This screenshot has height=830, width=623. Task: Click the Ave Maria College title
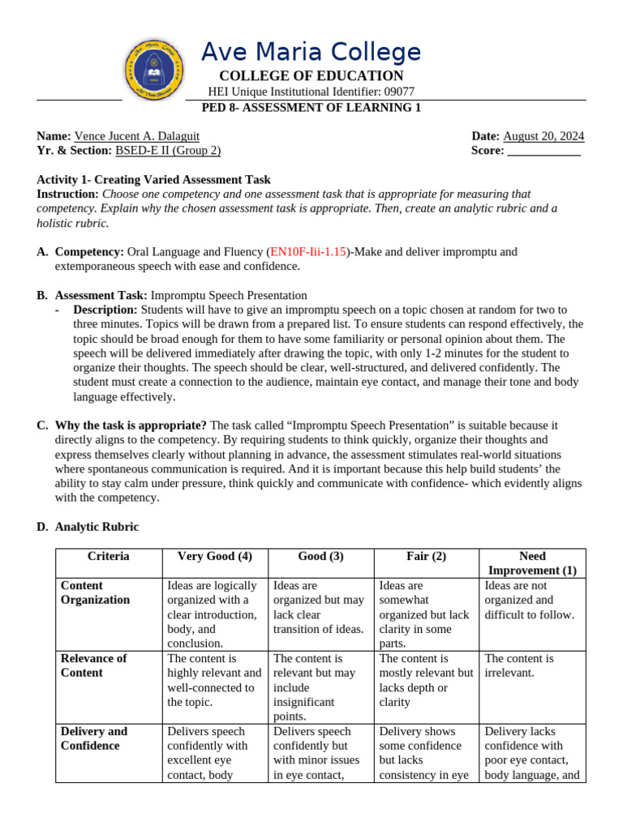311,53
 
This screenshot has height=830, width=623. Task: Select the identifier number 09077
398,92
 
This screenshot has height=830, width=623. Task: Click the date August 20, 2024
544,136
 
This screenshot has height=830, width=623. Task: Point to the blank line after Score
544,151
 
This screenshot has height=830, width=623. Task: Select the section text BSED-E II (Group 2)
168,151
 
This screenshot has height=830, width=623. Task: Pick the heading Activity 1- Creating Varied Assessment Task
154,180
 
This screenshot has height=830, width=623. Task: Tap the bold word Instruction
67,195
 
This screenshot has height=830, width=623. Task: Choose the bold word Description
105,310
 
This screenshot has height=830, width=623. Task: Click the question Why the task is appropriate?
131,425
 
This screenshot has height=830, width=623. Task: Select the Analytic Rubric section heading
97,527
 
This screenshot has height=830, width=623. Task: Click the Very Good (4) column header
215,557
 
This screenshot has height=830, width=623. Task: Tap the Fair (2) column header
427,557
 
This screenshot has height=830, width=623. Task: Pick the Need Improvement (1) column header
532,563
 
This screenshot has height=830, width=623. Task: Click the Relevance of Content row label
94,665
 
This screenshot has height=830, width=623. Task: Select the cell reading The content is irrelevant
519,665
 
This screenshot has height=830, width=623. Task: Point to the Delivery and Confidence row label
94,738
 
